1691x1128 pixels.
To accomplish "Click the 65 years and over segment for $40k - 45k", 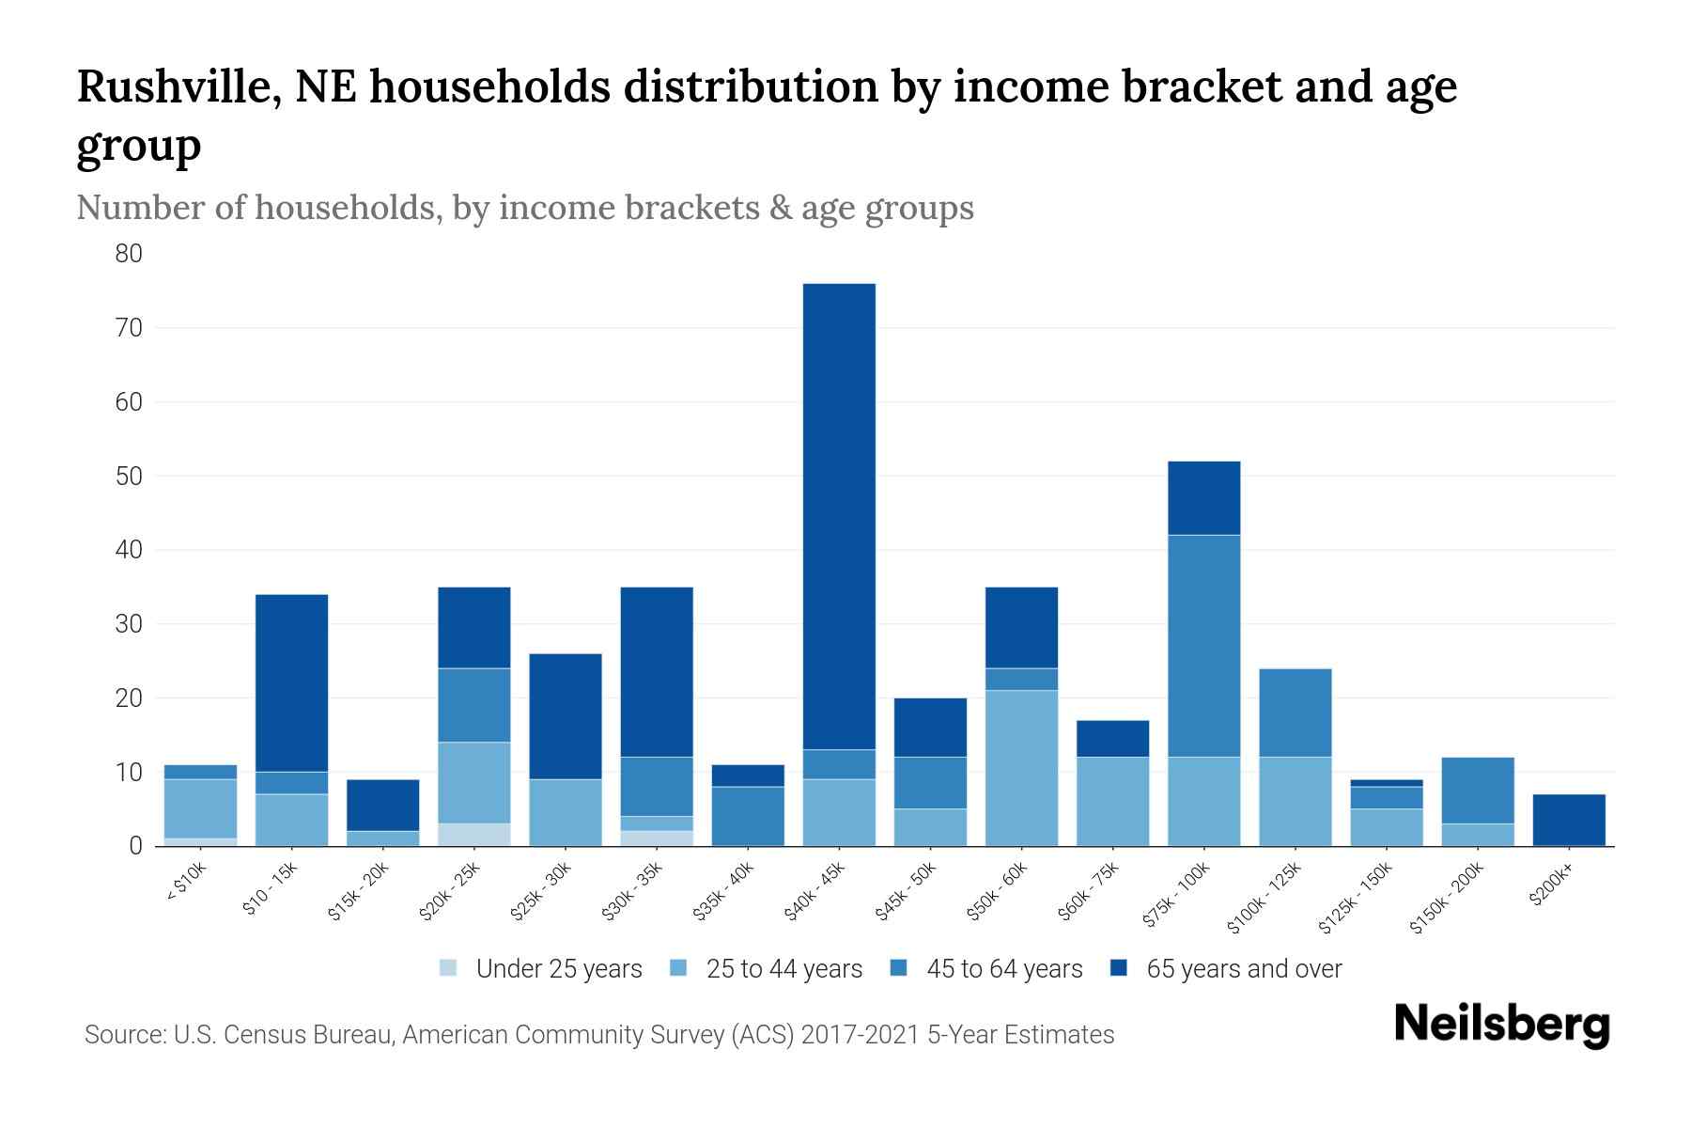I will pos(839,516).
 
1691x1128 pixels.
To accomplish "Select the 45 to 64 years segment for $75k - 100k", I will pos(1203,646).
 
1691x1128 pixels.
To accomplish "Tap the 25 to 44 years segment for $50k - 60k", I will pos(1021,768).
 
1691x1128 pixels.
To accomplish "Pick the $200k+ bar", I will pos(1569,820).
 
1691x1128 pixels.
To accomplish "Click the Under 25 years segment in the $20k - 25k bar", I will pos(473,835).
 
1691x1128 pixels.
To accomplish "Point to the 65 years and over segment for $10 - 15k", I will pos(291,682).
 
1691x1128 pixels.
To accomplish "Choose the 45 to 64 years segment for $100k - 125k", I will pos(1295,713).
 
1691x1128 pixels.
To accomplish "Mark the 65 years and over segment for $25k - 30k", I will pos(565,716).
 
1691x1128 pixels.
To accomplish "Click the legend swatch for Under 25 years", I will pos(449,968).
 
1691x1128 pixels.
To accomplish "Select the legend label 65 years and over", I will pos(1244,969).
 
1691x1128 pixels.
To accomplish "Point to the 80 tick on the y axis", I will pos(129,254).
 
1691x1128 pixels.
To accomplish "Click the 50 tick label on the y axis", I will pos(129,476).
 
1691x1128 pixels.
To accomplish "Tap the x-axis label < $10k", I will pos(186,883).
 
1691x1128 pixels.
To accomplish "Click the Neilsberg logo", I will pos(1501,1024).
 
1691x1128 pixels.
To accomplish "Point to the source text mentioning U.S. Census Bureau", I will pos(598,1035).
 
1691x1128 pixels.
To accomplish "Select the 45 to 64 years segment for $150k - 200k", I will pos(1478,791).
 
